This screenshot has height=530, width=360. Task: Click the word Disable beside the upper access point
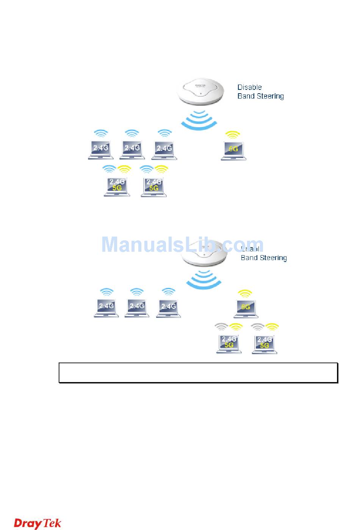[249, 87]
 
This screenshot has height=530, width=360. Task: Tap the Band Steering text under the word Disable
[260, 96]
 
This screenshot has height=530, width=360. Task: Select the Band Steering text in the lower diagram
[264, 258]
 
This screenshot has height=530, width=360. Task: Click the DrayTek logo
[38, 523]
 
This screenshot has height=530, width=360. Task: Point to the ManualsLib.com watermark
[182, 245]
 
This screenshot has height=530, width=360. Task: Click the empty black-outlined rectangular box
[198, 373]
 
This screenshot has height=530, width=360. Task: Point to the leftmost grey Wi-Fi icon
[221, 326]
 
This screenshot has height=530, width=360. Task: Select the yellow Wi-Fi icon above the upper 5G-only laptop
[232, 135]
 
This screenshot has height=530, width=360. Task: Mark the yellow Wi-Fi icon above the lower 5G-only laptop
[245, 293]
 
